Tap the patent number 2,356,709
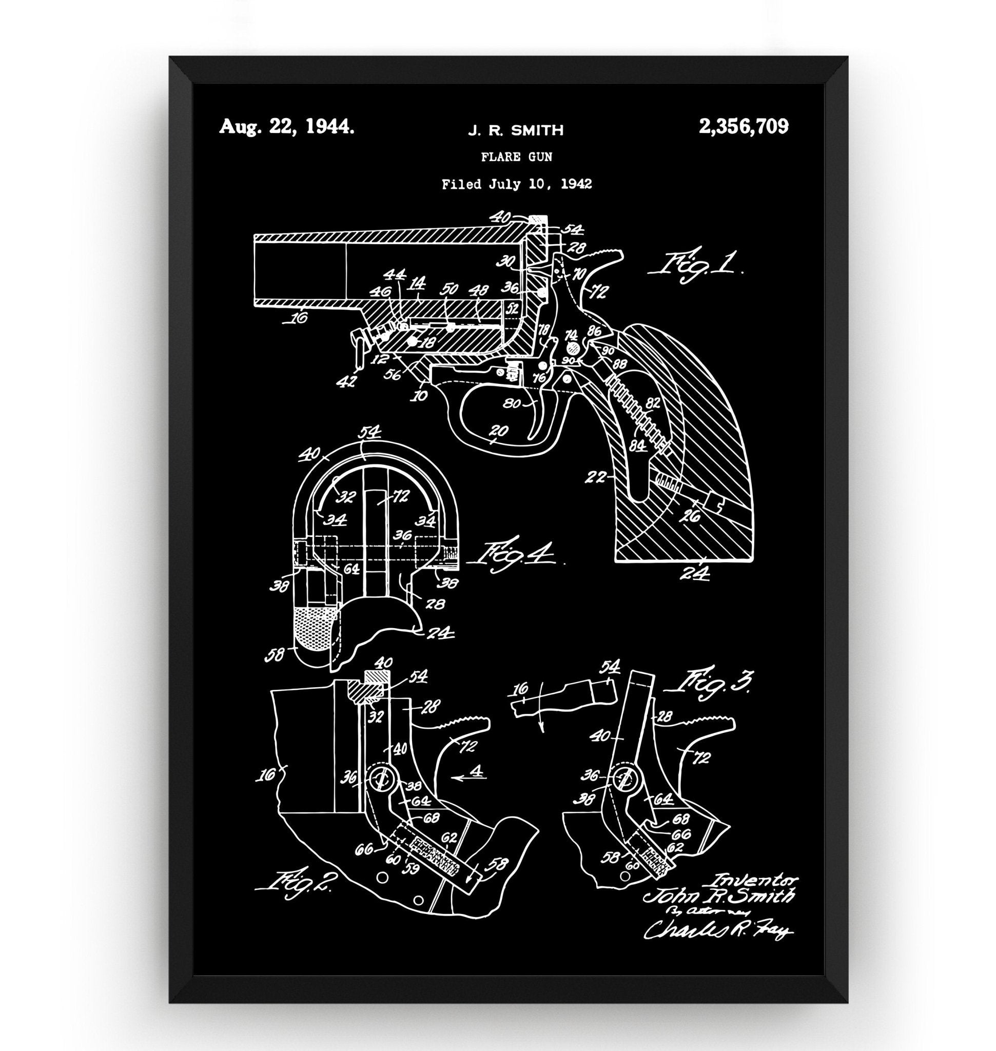744,127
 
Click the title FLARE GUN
516,157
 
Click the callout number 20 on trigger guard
499,431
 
